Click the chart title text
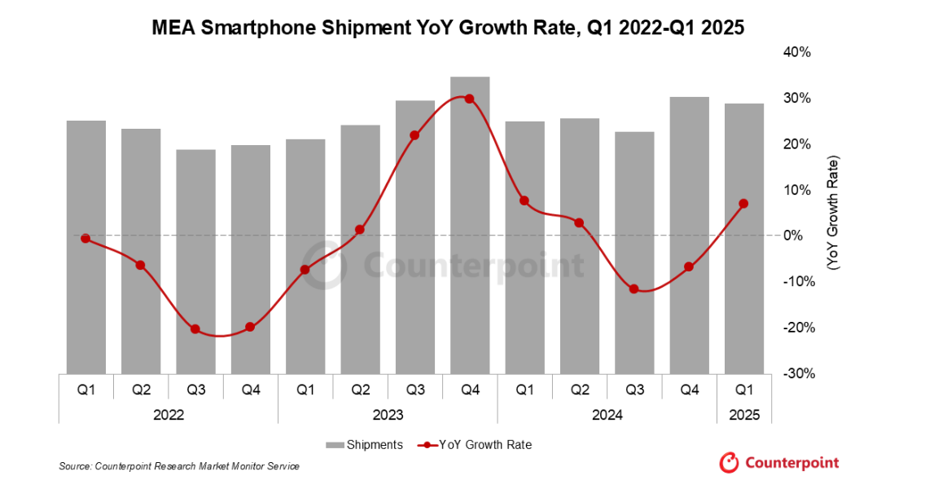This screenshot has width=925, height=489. tap(449, 29)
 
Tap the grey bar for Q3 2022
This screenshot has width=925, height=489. tap(195, 261)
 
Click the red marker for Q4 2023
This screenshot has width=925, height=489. tap(469, 99)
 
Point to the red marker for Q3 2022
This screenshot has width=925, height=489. tap(195, 329)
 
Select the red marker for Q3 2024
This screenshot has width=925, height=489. tap(634, 289)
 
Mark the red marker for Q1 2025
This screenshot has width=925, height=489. tap(743, 204)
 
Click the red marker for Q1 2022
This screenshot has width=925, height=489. tap(85, 239)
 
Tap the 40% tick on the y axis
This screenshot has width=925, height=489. tap(797, 52)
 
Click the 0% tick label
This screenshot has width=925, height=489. tap(800, 236)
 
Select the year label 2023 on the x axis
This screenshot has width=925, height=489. tap(388, 415)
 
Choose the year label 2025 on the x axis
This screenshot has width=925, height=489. tap(744, 415)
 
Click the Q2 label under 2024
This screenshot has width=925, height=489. tap(579, 390)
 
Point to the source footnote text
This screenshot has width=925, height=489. tap(179, 466)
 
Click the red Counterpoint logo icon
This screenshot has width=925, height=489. tap(728, 462)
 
